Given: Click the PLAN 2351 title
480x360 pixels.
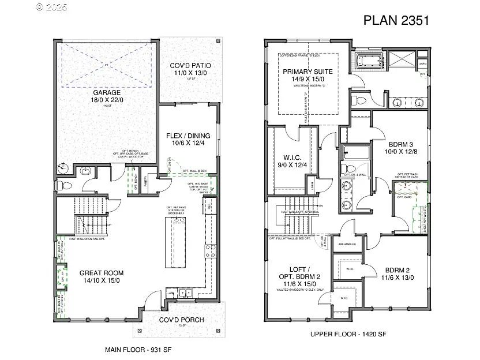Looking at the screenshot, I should point(396,20).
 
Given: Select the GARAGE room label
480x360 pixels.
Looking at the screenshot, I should point(107,92).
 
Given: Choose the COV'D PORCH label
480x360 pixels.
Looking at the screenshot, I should point(181,320).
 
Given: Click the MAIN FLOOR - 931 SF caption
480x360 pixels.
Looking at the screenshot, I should point(138,350).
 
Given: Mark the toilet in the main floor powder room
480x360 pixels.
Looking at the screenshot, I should point(65,185).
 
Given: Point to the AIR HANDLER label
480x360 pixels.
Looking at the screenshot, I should point(346,244).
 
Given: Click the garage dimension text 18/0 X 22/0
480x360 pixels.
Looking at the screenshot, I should point(107,100).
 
